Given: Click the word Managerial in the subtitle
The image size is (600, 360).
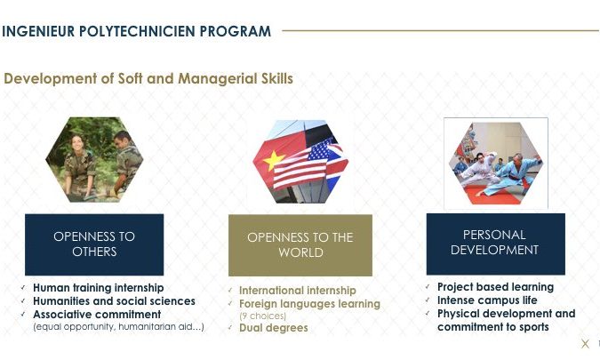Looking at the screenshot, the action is (x=218, y=79).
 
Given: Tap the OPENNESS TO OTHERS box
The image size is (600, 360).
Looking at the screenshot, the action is (x=94, y=244).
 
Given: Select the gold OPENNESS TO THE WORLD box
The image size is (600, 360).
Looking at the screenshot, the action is (x=300, y=245).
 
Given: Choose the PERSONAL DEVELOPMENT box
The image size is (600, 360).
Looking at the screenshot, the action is (x=495, y=244).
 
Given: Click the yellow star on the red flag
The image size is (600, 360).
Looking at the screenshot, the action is (x=274, y=160).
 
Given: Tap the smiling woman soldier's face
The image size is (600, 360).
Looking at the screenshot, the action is (x=77, y=143).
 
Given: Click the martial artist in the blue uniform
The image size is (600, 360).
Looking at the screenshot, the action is (x=509, y=174).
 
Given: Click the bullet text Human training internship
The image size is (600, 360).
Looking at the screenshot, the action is (x=99, y=288).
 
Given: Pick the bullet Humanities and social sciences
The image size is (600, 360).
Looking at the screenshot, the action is (x=114, y=301).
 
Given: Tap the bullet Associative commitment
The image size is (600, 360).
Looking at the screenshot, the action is (x=97, y=315).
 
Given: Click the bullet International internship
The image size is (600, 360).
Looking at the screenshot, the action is (x=297, y=291).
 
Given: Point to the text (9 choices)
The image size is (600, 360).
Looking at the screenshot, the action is (x=263, y=316).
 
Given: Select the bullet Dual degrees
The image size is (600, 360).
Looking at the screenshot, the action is (x=273, y=328).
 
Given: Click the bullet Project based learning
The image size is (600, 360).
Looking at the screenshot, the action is (x=495, y=287).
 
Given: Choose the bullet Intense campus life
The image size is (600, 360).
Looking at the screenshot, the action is (x=487, y=300).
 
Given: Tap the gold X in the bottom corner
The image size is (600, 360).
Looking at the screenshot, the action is (x=585, y=343).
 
